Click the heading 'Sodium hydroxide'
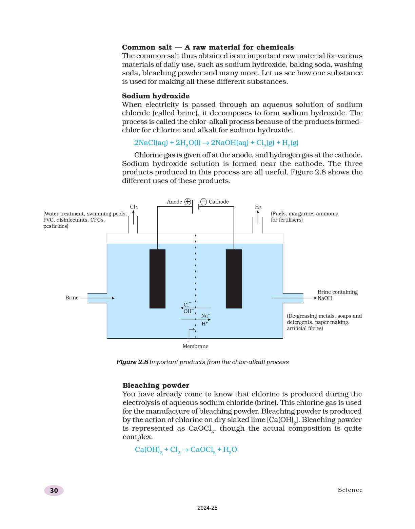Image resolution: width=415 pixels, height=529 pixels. click(x=156, y=96)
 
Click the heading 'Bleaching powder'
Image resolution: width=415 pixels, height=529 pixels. click(x=156, y=385)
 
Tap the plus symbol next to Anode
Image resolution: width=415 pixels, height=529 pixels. click(x=187, y=202)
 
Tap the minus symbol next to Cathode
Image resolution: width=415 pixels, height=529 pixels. click(x=203, y=202)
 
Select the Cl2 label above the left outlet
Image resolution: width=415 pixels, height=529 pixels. click(x=134, y=207)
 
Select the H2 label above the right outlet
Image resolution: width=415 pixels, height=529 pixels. click(x=258, y=207)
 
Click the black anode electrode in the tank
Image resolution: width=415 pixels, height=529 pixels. click(x=157, y=279)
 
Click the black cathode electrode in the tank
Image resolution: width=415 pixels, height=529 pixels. click(x=234, y=279)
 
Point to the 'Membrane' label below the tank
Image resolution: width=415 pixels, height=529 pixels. click(x=195, y=346)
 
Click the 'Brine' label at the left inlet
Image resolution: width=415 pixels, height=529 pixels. click(x=72, y=298)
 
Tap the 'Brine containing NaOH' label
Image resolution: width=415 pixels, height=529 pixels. click(x=337, y=295)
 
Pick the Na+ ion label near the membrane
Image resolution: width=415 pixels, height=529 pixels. click(x=205, y=316)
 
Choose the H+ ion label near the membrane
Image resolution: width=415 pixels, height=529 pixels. click(x=204, y=324)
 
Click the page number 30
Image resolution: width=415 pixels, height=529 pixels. click(x=54, y=490)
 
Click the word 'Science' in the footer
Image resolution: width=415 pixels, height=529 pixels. click(x=350, y=490)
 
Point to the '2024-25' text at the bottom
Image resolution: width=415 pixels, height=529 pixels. click(x=207, y=508)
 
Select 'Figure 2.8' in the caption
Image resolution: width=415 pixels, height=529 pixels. click(x=132, y=362)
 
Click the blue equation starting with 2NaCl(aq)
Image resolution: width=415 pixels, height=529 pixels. click(x=216, y=143)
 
